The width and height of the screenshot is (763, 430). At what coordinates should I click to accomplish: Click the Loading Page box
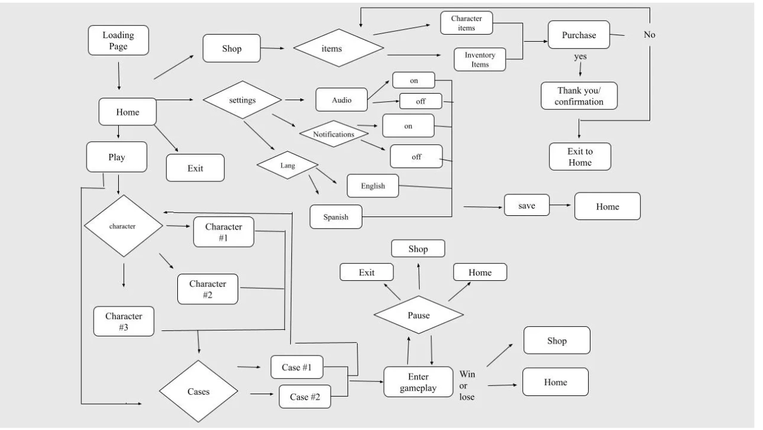pyautogui.click(x=118, y=41)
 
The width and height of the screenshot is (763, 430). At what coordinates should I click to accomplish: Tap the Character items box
pyautogui.click(x=466, y=23)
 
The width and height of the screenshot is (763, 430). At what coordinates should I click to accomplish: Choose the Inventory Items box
pyautogui.click(x=480, y=60)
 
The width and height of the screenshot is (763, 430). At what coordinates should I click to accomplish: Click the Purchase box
pyautogui.click(x=579, y=35)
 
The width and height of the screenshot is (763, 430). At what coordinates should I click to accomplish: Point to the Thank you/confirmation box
pyautogui.click(x=579, y=96)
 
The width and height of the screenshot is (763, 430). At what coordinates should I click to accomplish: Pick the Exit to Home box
pyautogui.click(x=580, y=157)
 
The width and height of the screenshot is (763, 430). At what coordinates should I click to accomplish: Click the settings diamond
pyautogui.click(x=242, y=100)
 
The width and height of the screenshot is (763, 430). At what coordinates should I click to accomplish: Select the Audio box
pyautogui.click(x=341, y=100)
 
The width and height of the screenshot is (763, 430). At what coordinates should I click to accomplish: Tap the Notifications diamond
pyautogui.click(x=334, y=134)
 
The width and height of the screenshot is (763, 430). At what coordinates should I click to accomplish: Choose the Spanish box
pyautogui.click(x=336, y=216)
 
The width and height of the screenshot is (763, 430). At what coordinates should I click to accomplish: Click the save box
pyautogui.click(x=527, y=206)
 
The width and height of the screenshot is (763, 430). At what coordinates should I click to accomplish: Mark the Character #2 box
pyautogui.click(x=208, y=289)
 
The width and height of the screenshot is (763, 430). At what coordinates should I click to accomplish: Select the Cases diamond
pyautogui.click(x=198, y=392)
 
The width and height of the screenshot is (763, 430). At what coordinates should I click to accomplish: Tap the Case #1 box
pyautogui.click(x=297, y=367)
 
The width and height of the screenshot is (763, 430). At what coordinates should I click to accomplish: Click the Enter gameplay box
pyautogui.click(x=418, y=382)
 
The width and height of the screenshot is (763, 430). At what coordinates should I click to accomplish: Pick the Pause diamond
pyautogui.click(x=419, y=315)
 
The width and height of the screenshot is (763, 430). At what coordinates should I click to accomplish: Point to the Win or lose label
pyautogui.click(x=467, y=385)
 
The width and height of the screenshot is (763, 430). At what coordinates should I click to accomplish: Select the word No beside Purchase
pyautogui.click(x=650, y=35)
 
